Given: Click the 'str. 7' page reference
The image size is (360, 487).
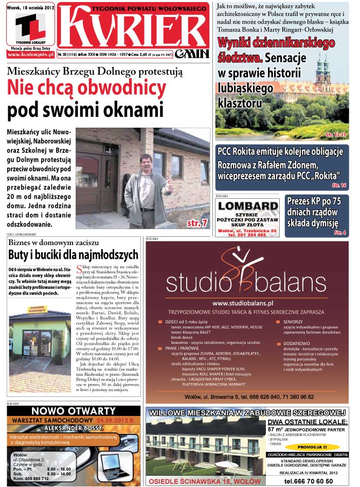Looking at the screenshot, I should coord(196,223).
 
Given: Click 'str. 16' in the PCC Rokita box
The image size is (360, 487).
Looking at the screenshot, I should coord(339,184).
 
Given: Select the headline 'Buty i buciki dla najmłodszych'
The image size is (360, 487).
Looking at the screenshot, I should coord(73,254).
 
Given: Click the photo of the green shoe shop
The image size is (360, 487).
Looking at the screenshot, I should coord(40,334).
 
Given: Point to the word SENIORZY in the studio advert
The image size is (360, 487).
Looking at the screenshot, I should coord(293,321).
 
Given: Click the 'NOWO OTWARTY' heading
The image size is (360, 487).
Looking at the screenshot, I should coord(73,411).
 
